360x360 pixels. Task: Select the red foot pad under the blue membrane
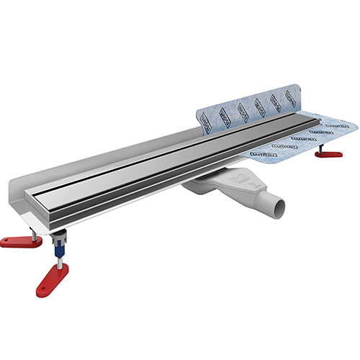[x=331, y=153]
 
